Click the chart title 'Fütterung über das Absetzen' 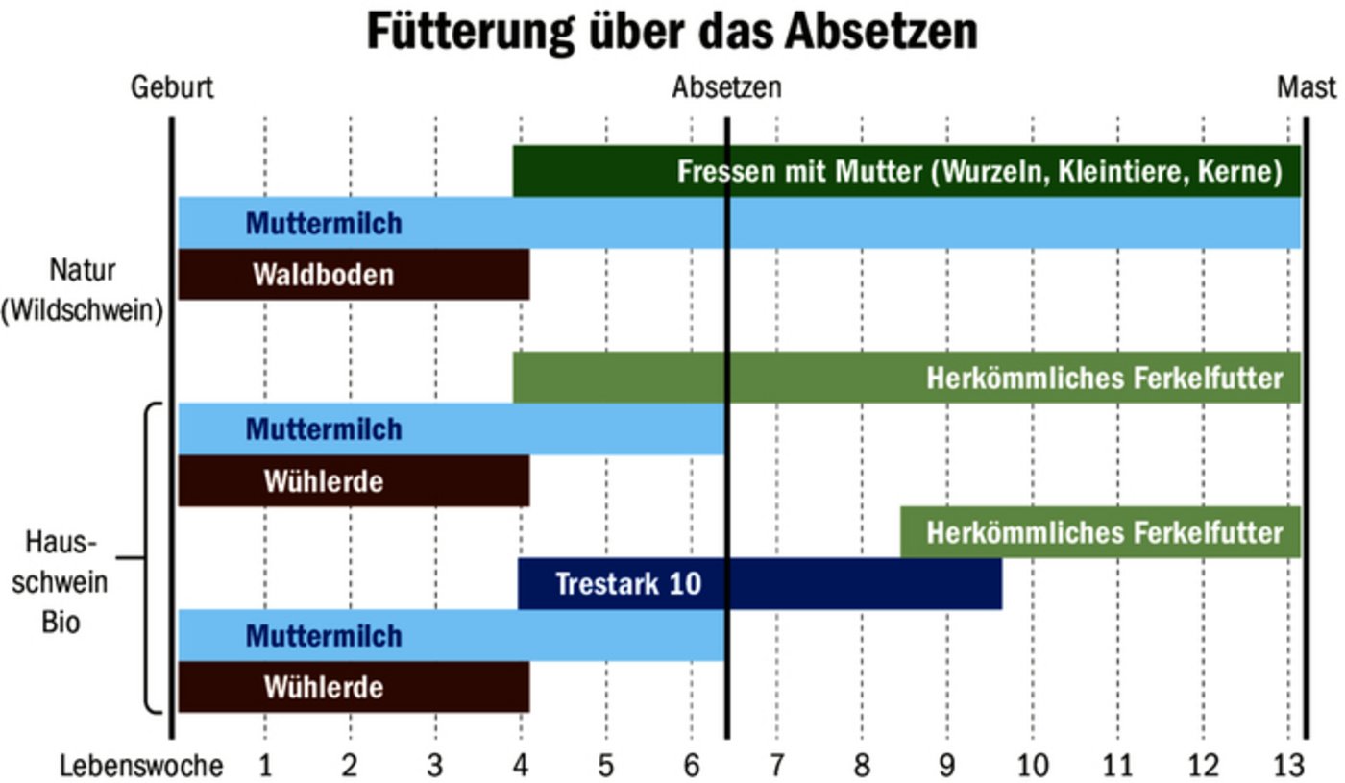tap(672, 32)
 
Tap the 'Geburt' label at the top tap(173, 87)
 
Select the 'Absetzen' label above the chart tap(726, 87)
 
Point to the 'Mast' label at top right tap(1306, 87)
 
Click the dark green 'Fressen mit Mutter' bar tap(906, 171)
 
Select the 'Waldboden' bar tap(353, 275)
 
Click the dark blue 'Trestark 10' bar tap(759, 583)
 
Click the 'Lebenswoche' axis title tap(141, 766)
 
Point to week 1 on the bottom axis tap(265, 766)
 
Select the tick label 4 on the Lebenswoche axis tap(521, 766)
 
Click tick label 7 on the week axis tap(776, 766)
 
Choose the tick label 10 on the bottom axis tap(1032, 766)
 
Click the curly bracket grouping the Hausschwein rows tap(150, 557)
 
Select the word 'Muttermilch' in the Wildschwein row tap(324, 224)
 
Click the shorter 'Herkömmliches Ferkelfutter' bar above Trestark tap(1100, 532)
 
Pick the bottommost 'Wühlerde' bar tap(353, 687)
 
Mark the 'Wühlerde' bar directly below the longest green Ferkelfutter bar tap(353, 480)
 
